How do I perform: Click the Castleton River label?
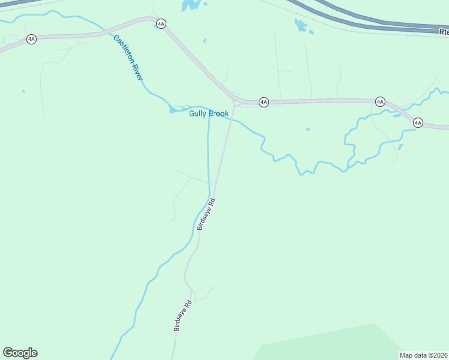[128, 58]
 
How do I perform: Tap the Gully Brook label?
[209, 113]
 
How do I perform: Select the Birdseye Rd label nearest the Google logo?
[181, 316]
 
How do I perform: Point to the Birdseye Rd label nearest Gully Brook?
[206, 215]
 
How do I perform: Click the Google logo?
[20, 353]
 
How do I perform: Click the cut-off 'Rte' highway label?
[442, 31]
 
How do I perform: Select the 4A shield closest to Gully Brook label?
[264, 103]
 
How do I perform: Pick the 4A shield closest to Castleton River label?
[160, 24]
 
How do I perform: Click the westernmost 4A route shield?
[31, 39]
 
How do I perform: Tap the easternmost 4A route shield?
[418, 123]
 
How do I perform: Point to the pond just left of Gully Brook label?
[175, 110]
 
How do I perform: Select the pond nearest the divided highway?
[300, 25]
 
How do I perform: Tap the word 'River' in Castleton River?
[136, 71]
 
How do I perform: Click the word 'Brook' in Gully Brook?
[218, 113]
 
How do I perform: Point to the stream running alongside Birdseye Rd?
[208, 156]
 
